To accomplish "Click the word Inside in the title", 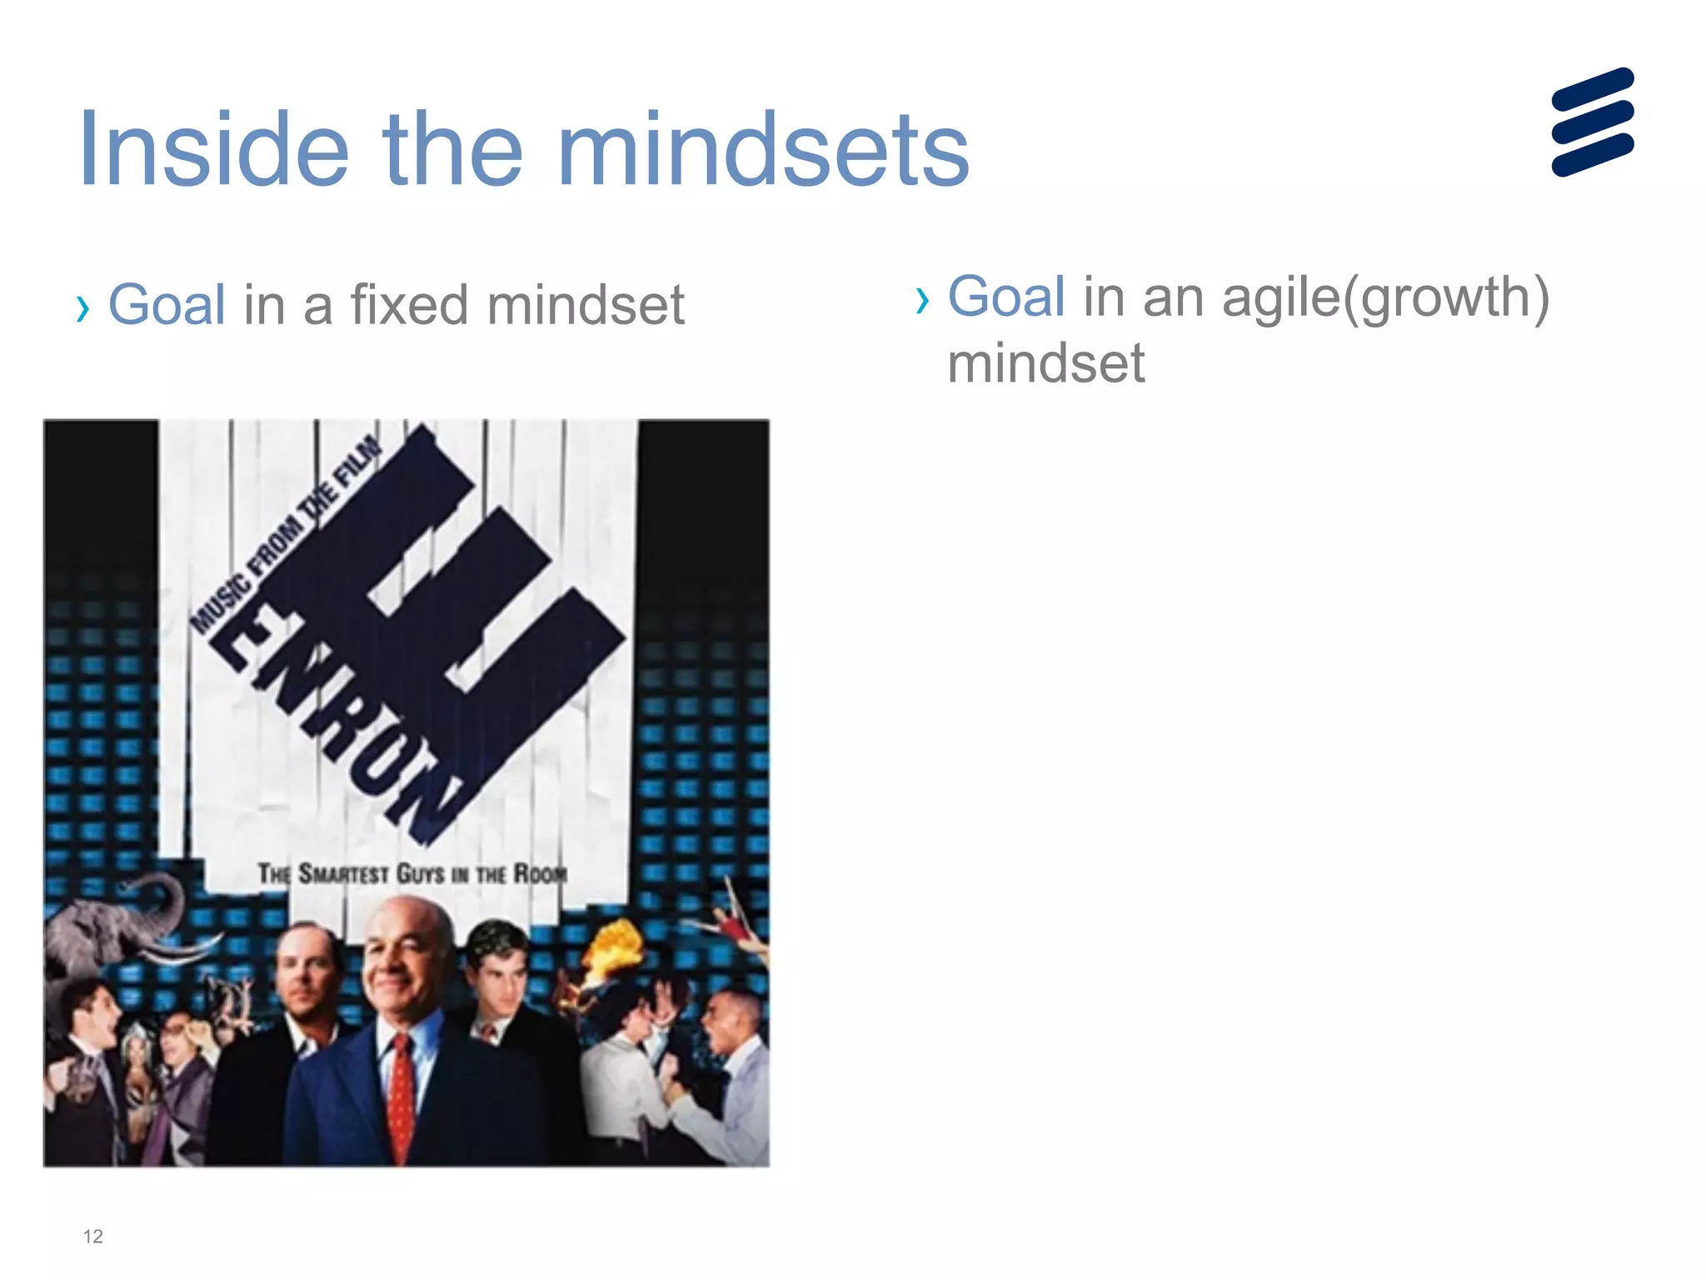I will point(212,150).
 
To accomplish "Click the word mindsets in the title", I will point(762,150).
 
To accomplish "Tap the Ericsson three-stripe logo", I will point(1592,122).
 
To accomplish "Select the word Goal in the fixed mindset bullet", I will point(167,305).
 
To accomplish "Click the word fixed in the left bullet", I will point(409,305).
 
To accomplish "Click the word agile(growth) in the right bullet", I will point(1385,298).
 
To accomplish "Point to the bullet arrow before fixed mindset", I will point(82,309).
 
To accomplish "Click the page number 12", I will point(92,1237).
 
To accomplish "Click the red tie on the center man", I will point(402,1092).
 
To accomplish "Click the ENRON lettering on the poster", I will point(333,717).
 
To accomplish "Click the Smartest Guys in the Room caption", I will point(412,874).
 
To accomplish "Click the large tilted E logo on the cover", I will point(466,600).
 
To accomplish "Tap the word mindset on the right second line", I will point(1045,364).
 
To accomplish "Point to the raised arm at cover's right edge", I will point(737,917).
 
